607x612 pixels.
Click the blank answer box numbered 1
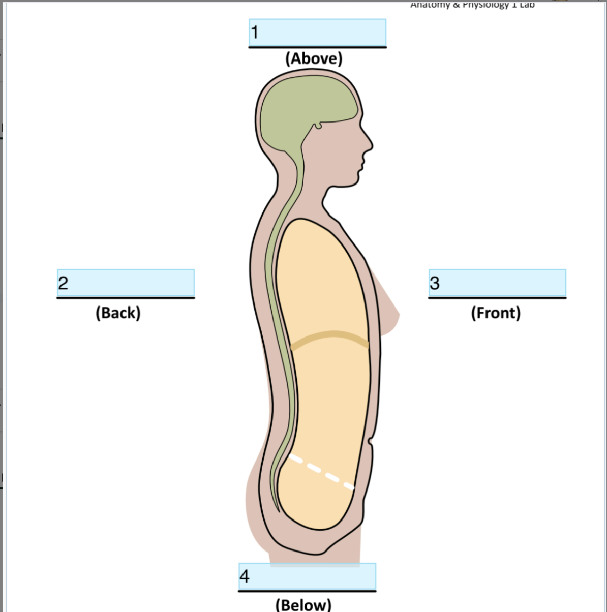click(x=317, y=33)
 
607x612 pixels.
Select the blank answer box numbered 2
click(x=126, y=283)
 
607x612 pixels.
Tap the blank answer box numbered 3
click(x=497, y=283)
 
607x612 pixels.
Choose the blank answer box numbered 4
click(x=308, y=576)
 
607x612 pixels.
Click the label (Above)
click(x=314, y=58)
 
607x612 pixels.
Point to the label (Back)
click(x=118, y=313)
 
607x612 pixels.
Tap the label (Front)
click(x=496, y=313)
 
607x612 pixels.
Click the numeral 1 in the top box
click(x=255, y=33)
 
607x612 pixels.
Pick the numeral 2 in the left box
click(x=63, y=283)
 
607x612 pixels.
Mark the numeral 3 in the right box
click(x=434, y=283)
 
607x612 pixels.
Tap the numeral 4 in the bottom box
click(x=245, y=576)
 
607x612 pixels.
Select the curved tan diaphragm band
click(x=329, y=338)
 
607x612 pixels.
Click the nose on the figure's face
click(x=370, y=144)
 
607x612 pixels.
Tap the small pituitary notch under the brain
click(x=318, y=125)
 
